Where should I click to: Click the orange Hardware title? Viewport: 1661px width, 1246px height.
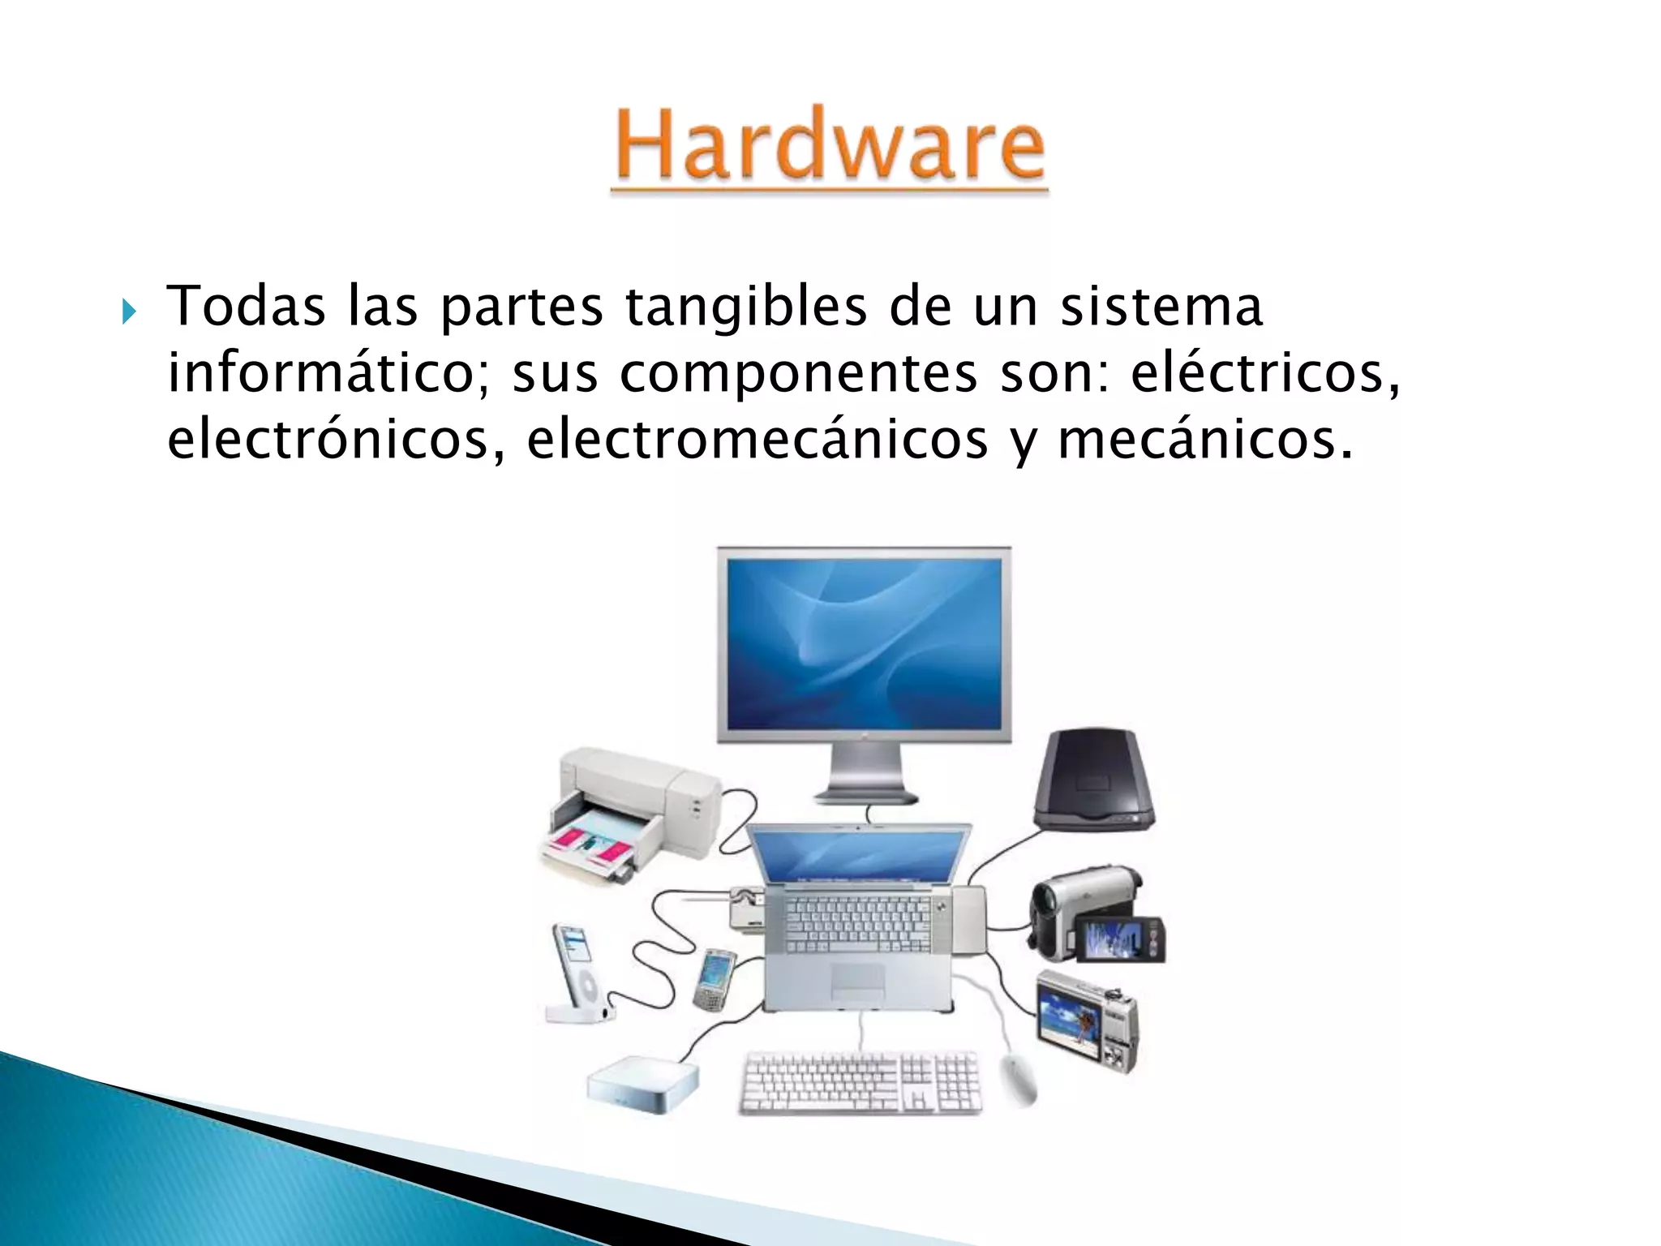[829, 146]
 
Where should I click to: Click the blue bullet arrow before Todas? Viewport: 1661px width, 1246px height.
[129, 311]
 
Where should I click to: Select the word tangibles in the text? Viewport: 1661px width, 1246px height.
[745, 307]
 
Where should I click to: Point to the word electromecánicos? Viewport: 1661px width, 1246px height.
[757, 440]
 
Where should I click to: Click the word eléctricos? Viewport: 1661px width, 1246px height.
[1264, 373]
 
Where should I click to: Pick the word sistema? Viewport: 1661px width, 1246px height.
[1161, 307]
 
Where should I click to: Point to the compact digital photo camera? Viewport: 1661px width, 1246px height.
[1087, 1020]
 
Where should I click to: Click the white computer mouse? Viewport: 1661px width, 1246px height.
[1019, 1079]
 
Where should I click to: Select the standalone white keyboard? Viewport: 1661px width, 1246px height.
[861, 1083]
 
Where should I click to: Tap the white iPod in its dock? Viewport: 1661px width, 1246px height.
[577, 973]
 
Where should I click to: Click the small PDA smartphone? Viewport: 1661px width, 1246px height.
[715, 979]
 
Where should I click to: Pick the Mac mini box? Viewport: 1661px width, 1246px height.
[643, 1083]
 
